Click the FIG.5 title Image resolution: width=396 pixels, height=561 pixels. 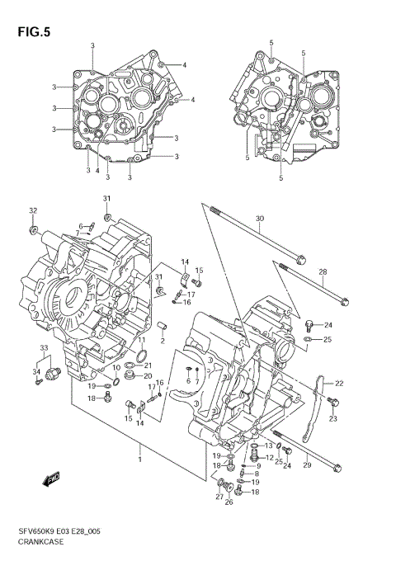[32, 33]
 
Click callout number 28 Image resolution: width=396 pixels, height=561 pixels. [323, 272]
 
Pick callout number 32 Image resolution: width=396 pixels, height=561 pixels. [33, 211]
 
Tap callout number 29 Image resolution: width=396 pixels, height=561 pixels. [306, 466]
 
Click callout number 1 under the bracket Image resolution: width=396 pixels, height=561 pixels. [139, 460]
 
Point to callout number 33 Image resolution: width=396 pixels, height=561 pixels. [44, 351]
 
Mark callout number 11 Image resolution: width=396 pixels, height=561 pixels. [141, 339]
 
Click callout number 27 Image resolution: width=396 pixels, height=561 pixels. [219, 497]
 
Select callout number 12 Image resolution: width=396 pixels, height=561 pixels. [269, 458]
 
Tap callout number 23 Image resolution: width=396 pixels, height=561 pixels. [333, 419]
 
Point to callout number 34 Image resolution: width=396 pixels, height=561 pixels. [36, 372]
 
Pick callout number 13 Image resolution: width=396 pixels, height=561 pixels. [268, 445]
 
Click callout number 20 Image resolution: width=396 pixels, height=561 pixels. [148, 376]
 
